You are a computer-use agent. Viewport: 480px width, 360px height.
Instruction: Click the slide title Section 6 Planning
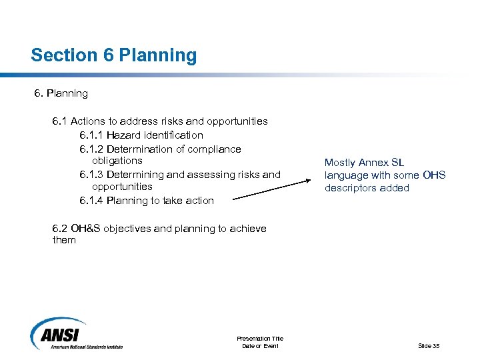(x=113, y=55)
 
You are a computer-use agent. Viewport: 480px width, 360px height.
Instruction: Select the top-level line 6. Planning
(x=61, y=93)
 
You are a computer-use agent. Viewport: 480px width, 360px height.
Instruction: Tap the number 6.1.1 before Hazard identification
(x=91, y=135)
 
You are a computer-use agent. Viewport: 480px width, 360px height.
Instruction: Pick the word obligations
(x=117, y=161)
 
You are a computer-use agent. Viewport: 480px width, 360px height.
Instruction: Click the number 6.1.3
(x=91, y=175)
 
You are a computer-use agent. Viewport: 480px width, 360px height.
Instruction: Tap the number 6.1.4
(x=91, y=201)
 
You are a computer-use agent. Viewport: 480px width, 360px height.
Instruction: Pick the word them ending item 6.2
(x=64, y=240)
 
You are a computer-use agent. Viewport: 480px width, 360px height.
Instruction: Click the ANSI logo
(x=76, y=333)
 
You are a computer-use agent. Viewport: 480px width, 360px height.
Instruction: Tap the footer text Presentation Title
(x=259, y=339)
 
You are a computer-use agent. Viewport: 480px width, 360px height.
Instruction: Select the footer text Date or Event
(x=259, y=345)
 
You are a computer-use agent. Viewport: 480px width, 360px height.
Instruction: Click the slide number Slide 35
(x=429, y=345)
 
